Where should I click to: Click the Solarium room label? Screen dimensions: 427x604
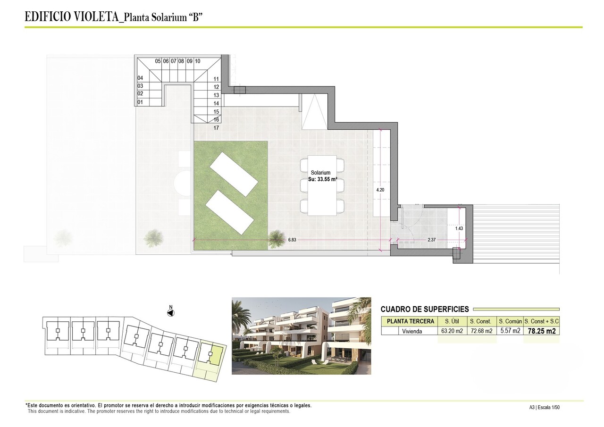click(x=320, y=173)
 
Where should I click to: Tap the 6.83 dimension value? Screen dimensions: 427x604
click(x=293, y=240)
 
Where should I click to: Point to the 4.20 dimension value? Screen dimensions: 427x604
click(x=380, y=189)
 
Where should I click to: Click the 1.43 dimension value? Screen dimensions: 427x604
click(x=459, y=228)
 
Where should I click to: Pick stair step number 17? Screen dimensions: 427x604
click(x=216, y=128)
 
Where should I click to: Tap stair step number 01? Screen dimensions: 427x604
click(x=140, y=102)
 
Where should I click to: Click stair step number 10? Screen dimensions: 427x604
click(x=197, y=61)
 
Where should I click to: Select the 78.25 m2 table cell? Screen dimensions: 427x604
click(x=541, y=331)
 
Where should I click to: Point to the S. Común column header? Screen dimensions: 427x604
click(x=510, y=321)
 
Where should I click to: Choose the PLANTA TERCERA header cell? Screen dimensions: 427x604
click(x=410, y=321)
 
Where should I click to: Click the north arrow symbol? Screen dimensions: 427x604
click(x=171, y=312)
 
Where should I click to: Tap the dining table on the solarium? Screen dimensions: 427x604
click(x=322, y=185)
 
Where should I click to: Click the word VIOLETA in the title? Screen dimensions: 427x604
click(x=97, y=17)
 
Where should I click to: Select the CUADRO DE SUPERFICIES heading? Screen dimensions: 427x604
click(x=425, y=309)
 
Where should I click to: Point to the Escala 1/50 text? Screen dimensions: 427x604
click(x=548, y=407)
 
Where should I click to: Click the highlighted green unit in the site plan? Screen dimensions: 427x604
click(x=215, y=354)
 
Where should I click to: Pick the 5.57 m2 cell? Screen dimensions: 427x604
click(x=510, y=331)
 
